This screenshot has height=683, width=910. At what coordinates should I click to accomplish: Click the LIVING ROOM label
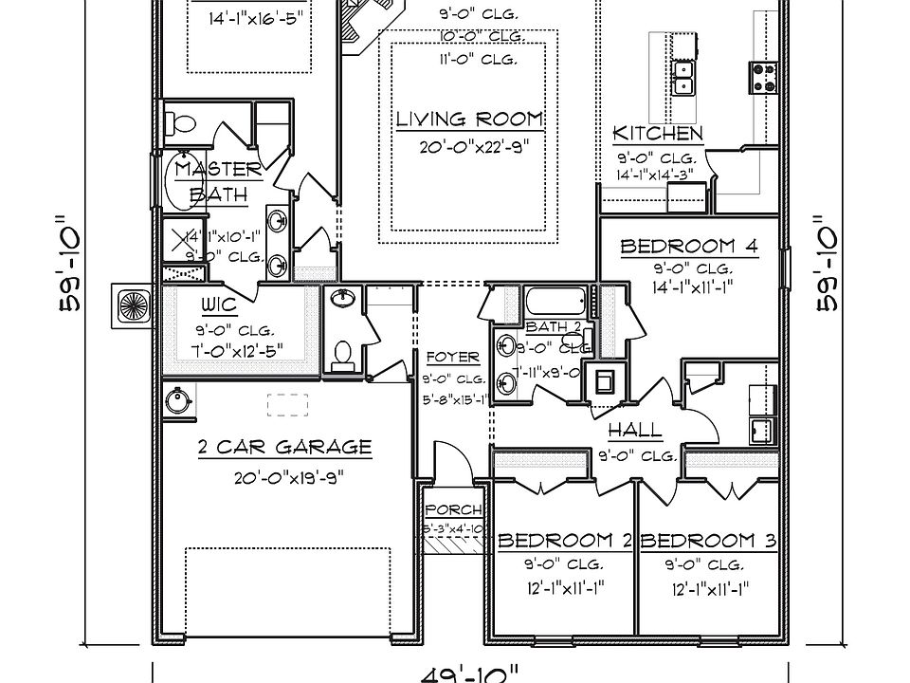tap(469, 120)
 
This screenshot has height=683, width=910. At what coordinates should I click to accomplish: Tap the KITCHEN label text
tap(657, 134)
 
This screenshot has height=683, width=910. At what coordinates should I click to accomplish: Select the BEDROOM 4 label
tap(688, 247)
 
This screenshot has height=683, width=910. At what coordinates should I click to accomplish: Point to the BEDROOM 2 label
tap(565, 542)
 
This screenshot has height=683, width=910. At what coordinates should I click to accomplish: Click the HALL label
tap(634, 432)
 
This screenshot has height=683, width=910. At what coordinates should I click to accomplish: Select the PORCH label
tap(453, 510)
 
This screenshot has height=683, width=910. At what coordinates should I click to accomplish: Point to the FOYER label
tap(452, 358)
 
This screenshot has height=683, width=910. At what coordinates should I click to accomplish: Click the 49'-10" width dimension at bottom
tap(470, 673)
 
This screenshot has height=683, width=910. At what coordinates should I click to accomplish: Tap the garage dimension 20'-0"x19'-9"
tap(288, 478)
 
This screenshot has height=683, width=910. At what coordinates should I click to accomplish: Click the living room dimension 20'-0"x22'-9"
tap(469, 147)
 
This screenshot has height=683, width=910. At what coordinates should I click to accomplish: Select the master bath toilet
tap(180, 123)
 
